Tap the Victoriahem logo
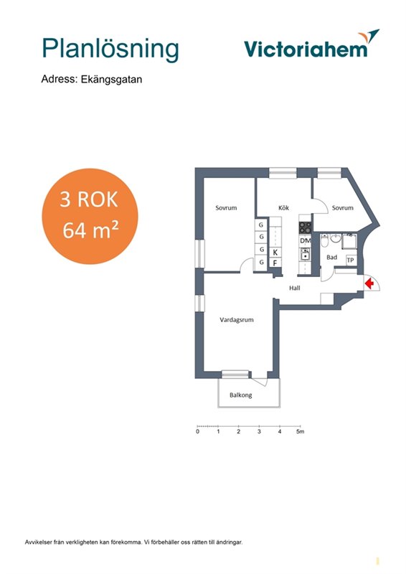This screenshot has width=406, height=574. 311,44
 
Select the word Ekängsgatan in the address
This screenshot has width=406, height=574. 111,80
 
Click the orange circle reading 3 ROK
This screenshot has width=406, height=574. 90,216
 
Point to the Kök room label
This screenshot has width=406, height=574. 284,208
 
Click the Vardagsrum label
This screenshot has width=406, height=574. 237,320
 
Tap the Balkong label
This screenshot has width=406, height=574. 240,395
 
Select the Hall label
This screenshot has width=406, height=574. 295,288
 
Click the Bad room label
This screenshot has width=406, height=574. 331,258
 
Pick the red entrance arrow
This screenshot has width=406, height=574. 369,283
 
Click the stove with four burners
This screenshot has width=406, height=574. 305,228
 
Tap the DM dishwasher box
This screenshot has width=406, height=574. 305,241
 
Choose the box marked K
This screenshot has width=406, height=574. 275,253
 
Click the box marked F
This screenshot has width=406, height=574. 275,263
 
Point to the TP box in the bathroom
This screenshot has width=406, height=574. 351,260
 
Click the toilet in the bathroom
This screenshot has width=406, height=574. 325,242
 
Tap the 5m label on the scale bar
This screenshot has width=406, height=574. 301,432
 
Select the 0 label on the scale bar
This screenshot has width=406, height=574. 198,432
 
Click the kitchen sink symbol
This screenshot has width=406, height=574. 305,254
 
